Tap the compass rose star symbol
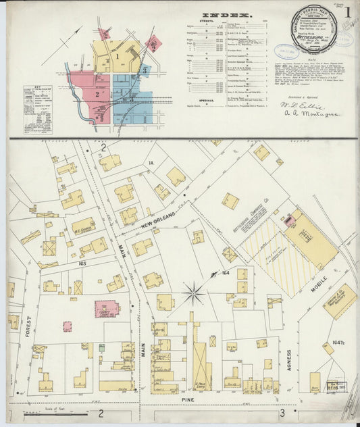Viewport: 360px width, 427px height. pos(194,293)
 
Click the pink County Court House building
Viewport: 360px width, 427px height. pos(106,309)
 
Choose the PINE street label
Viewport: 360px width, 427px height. pos(188,401)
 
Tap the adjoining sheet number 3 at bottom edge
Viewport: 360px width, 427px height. pos(284,412)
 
